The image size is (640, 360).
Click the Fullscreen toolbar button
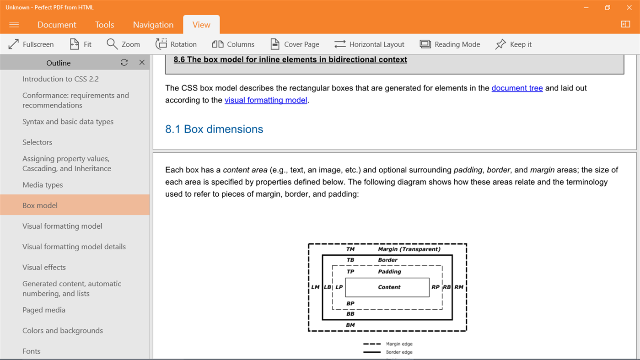31,44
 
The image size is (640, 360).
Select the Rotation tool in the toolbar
176,44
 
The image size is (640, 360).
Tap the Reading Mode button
450,44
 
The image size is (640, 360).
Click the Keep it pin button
513,44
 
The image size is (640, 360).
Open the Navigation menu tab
153,25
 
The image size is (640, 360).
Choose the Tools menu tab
104,25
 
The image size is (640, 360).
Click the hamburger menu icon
14,25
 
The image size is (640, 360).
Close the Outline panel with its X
142,63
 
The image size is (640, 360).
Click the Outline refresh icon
124,63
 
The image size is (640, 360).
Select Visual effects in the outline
44,267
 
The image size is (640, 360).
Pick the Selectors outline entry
38,142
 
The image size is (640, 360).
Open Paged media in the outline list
44,310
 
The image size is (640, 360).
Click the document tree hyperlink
517,88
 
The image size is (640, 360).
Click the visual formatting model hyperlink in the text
265,100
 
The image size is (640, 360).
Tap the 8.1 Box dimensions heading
214,129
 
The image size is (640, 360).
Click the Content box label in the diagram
389,287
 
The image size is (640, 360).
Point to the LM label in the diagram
315,287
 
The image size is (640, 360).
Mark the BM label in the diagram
350,325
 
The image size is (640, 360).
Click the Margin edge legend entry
399,344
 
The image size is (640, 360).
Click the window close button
629,8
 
